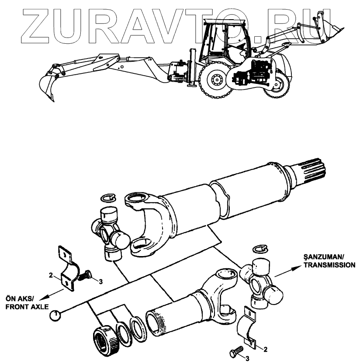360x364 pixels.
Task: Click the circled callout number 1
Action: [55, 314]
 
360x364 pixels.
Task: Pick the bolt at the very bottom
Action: [236, 351]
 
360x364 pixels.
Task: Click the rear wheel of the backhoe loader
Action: [215, 80]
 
